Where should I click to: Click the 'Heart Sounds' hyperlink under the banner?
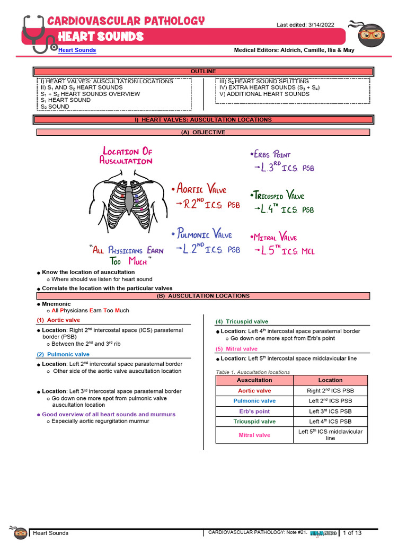click(x=77, y=50)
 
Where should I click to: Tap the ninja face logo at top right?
click(x=371, y=34)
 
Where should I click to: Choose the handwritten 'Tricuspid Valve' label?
click(x=280, y=195)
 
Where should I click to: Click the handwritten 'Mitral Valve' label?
click(x=276, y=237)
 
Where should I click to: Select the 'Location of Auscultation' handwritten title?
click(x=127, y=156)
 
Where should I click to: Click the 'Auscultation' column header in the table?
click(x=254, y=380)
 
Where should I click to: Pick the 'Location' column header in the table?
click(x=330, y=380)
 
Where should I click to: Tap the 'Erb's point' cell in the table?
click(x=254, y=411)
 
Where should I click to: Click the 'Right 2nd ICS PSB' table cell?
click(x=330, y=391)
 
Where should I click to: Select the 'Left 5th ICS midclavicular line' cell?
click(x=330, y=435)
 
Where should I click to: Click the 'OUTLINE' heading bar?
click(x=203, y=72)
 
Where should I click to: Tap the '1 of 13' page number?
click(x=352, y=532)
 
